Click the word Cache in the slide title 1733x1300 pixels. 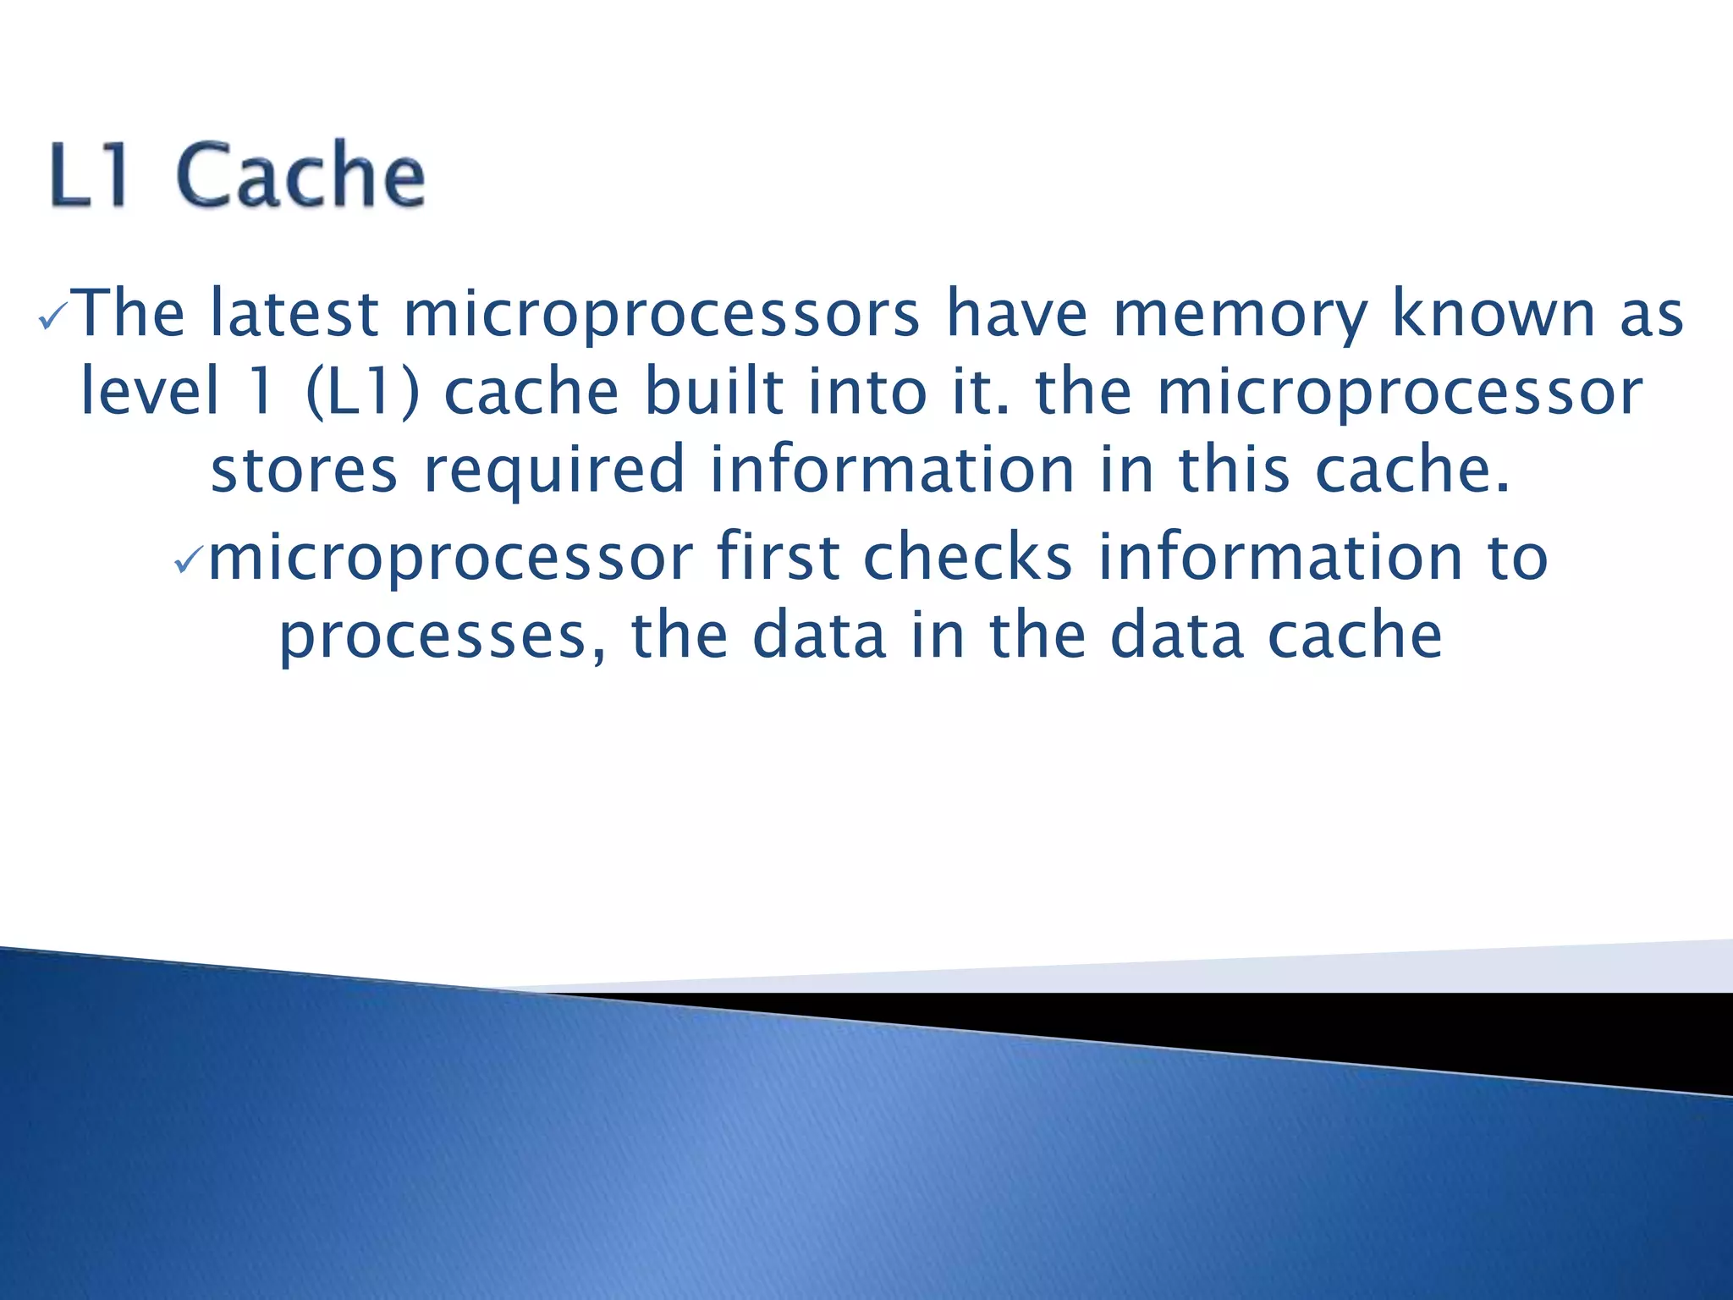click(300, 175)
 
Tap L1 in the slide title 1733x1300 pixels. click(90, 175)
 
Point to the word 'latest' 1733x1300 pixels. click(294, 314)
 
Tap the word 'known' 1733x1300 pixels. click(1494, 314)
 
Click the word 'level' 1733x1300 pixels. click(149, 391)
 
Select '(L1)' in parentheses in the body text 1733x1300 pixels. click(362, 393)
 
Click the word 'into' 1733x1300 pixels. click(867, 391)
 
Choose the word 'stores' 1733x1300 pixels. click(304, 471)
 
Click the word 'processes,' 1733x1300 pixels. click(443, 636)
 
